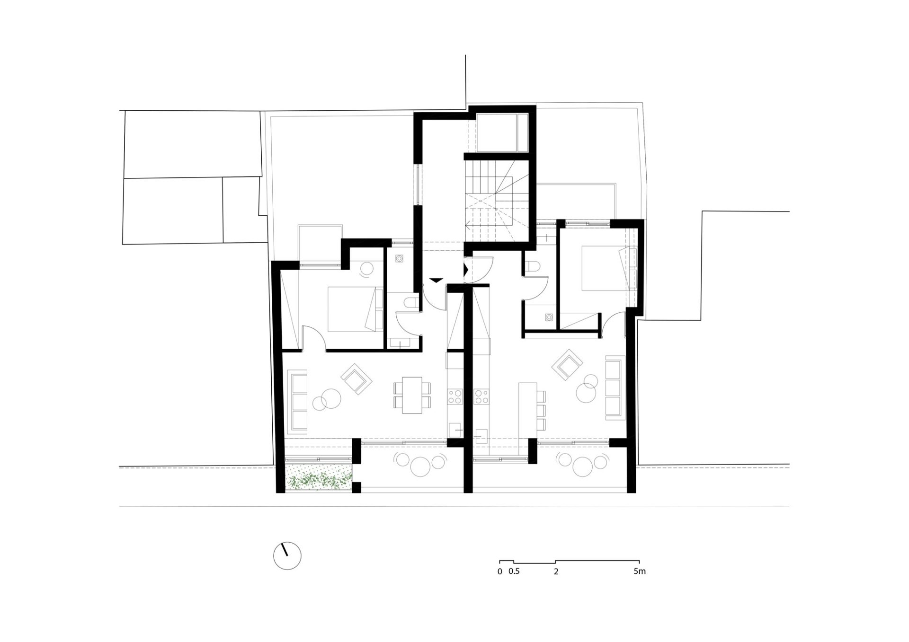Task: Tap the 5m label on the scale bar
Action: (x=639, y=571)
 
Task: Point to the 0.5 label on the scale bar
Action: (x=514, y=571)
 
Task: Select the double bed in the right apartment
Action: (x=609, y=267)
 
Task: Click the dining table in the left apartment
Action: (x=412, y=395)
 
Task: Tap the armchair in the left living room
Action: (x=356, y=378)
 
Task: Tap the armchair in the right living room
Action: (x=567, y=364)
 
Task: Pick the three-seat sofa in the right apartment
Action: (x=614, y=389)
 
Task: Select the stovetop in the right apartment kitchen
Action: (x=481, y=396)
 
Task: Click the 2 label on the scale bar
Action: (x=556, y=571)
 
